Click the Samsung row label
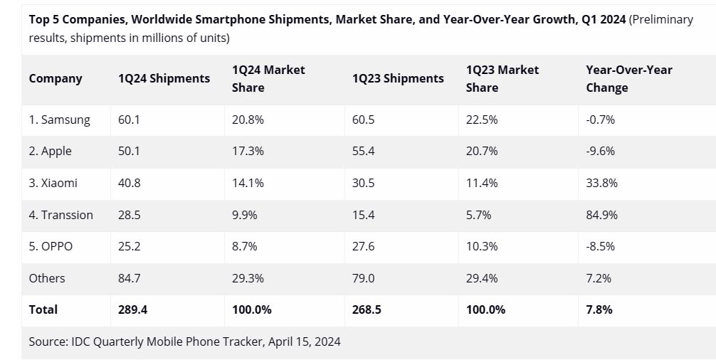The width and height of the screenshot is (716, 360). click(x=59, y=120)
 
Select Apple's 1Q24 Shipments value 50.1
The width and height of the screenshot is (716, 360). click(x=129, y=152)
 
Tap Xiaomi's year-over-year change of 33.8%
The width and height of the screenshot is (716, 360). click(x=601, y=183)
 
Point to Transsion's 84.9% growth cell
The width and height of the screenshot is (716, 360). click(x=601, y=215)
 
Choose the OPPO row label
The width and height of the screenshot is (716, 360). click(x=51, y=246)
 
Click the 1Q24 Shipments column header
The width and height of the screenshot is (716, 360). click(x=164, y=78)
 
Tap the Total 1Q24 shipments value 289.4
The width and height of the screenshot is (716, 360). click(x=132, y=309)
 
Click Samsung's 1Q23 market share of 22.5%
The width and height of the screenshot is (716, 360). click(x=482, y=120)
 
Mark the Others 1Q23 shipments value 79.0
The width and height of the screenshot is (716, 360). click(x=362, y=278)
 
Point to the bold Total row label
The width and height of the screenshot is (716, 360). click(x=43, y=309)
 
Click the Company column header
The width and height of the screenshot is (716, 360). click(x=56, y=78)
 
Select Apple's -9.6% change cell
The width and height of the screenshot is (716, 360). click(x=600, y=152)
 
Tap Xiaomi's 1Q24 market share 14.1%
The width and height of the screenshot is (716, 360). click(x=248, y=183)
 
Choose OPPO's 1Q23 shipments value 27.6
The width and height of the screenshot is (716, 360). click(x=363, y=246)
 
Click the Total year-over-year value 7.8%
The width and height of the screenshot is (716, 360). click(x=599, y=309)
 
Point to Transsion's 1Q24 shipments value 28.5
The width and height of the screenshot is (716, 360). click(x=129, y=215)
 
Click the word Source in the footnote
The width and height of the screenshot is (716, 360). click(x=48, y=342)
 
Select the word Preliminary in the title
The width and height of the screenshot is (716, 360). click(x=662, y=19)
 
